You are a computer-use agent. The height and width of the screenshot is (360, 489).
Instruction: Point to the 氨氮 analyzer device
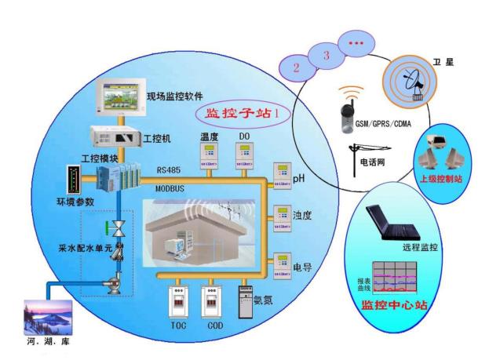click(250, 299)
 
